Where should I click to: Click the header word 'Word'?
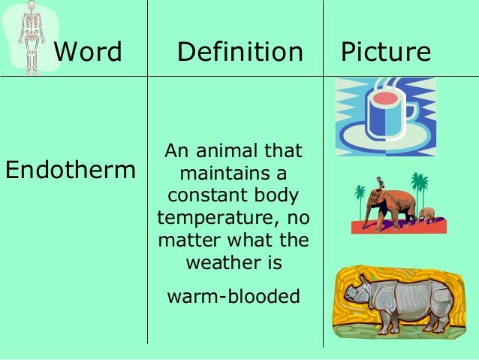pos(89,52)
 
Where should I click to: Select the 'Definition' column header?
pos(239,52)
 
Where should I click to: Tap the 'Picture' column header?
pos(386,52)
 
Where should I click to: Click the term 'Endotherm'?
pos(70,170)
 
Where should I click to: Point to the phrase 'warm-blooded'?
pos(233,296)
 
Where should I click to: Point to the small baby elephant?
pos(427,214)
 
